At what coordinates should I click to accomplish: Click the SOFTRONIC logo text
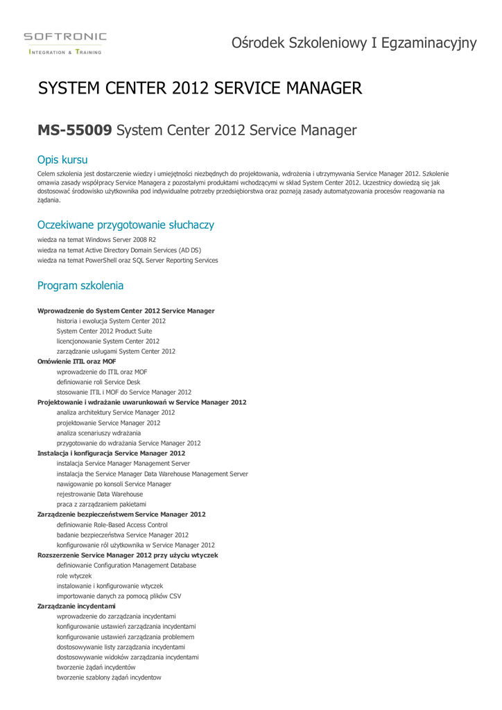[65, 36]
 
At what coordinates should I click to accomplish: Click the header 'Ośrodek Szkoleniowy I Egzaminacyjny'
[354, 43]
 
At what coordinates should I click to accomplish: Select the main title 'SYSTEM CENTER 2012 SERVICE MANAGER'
[200, 88]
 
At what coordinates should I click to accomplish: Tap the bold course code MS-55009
[74, 130]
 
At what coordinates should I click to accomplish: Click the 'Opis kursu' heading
[62, 159]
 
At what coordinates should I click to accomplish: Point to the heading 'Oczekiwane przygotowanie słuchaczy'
[125, 225]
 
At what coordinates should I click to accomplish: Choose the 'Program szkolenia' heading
[80, 285]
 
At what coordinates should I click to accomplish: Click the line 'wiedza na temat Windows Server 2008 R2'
[96, 239]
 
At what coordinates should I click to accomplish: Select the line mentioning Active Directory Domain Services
[119, 250]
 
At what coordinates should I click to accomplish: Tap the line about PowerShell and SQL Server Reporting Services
[128, 260]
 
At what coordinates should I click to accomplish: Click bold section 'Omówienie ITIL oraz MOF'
[76, 361]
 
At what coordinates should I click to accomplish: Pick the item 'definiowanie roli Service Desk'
[98, 382]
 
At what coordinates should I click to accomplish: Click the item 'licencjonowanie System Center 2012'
[108, 341]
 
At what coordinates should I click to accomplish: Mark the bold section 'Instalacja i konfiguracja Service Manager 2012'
[111, 453]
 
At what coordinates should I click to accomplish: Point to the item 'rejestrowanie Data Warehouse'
[100, 494]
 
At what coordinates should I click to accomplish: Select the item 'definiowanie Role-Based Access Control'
[112, 525]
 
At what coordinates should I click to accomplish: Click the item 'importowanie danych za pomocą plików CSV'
[119, 596]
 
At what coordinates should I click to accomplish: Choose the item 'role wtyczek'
[74, 575]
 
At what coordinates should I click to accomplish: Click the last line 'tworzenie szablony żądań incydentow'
[109, 677]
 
